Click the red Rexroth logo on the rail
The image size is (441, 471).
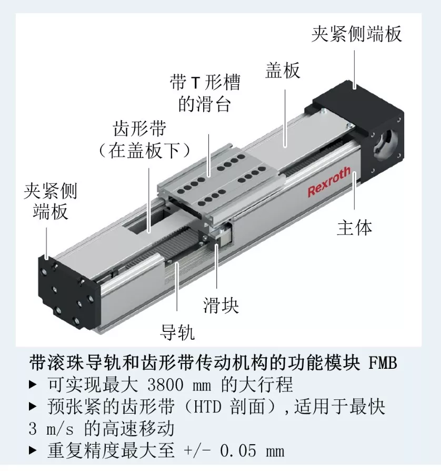coord(329,182)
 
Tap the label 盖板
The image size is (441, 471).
coord(283,71)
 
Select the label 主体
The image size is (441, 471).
coord(354,228)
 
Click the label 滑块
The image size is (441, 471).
coord(221,306)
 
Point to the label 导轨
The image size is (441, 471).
coord(177,332)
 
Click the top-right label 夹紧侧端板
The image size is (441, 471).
coord(356,34)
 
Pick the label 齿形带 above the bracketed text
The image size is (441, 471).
coord(139,129)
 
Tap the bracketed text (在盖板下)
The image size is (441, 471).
coord(144,150)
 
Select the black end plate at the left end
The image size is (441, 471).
coord(68,291)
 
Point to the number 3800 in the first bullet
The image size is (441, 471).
coord(165,385)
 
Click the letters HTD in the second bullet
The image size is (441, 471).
coord(207,407)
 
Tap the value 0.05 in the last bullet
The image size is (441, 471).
coord(238,451)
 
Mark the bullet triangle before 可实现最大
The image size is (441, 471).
coord(33,385)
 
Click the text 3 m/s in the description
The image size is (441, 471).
coord(51,429)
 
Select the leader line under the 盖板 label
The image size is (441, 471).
coord(285,119)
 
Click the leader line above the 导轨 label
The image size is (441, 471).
coord(177,286)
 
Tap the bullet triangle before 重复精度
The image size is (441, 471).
coord(33,451)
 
